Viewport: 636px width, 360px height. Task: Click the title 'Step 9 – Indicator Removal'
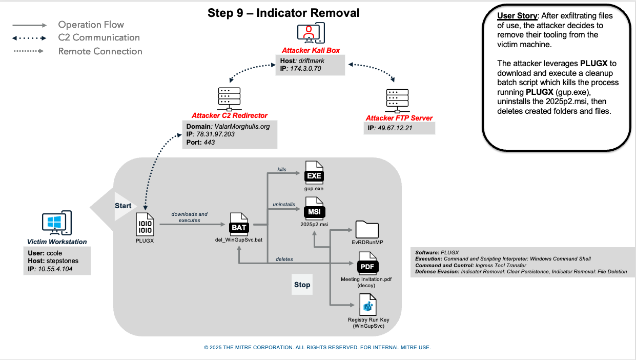(283, 13)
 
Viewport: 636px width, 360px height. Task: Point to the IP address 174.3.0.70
(306, 68)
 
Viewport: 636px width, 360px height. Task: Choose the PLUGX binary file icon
(144, 224)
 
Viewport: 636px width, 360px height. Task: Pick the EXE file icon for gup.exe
(314, 173)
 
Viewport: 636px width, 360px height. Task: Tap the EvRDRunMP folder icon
(366, 229)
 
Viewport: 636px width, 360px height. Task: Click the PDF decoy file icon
(366, 264)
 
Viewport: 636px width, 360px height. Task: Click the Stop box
(302, 285)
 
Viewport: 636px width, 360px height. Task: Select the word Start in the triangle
(123, 206)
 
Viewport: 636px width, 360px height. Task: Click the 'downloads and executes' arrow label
(190, 217)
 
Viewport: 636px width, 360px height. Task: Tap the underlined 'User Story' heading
(517, 16)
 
